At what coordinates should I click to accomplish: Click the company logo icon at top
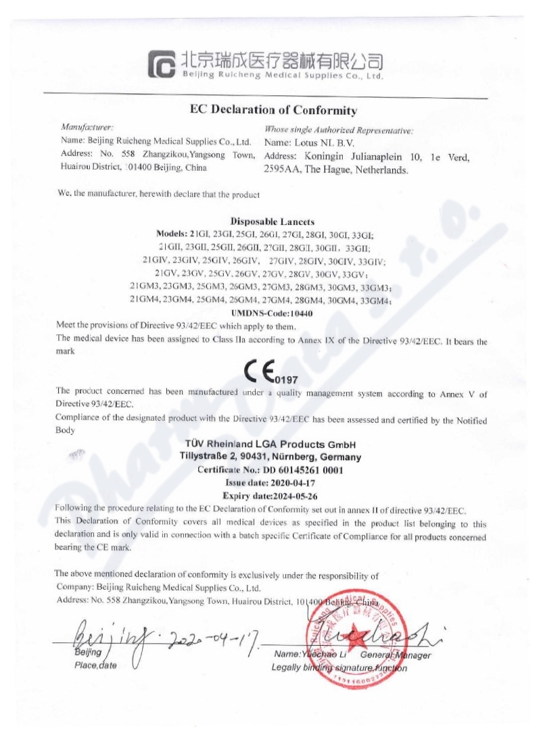click(x=162, y=64)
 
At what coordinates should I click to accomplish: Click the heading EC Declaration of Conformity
click(x=273, y=110)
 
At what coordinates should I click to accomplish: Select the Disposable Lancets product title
click(x=272, y=221)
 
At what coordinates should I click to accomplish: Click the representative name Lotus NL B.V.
click(x=321, y=143)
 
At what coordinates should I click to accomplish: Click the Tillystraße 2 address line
click(x=270, y=457)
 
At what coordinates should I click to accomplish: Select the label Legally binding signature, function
click(x=339, y=668)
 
